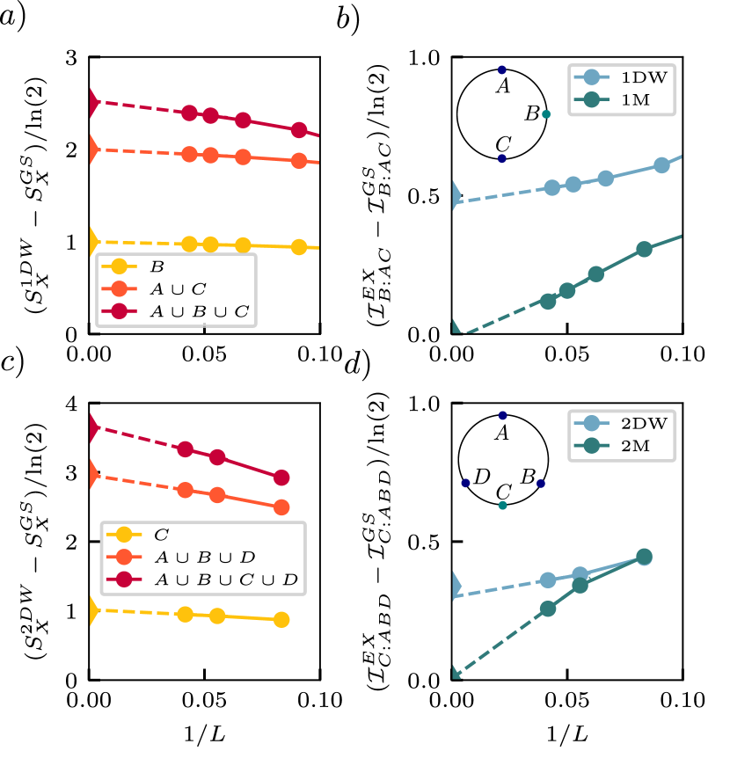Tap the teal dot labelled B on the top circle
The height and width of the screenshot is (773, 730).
(546, 114)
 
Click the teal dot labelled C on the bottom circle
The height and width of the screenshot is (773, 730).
(502, 506)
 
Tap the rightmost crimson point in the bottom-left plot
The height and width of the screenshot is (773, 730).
(281, 478)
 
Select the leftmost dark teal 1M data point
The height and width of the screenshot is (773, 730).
(548, 301)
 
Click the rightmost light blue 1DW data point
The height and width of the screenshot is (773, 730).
(661, 165)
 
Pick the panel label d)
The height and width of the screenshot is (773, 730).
(355, 364)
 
